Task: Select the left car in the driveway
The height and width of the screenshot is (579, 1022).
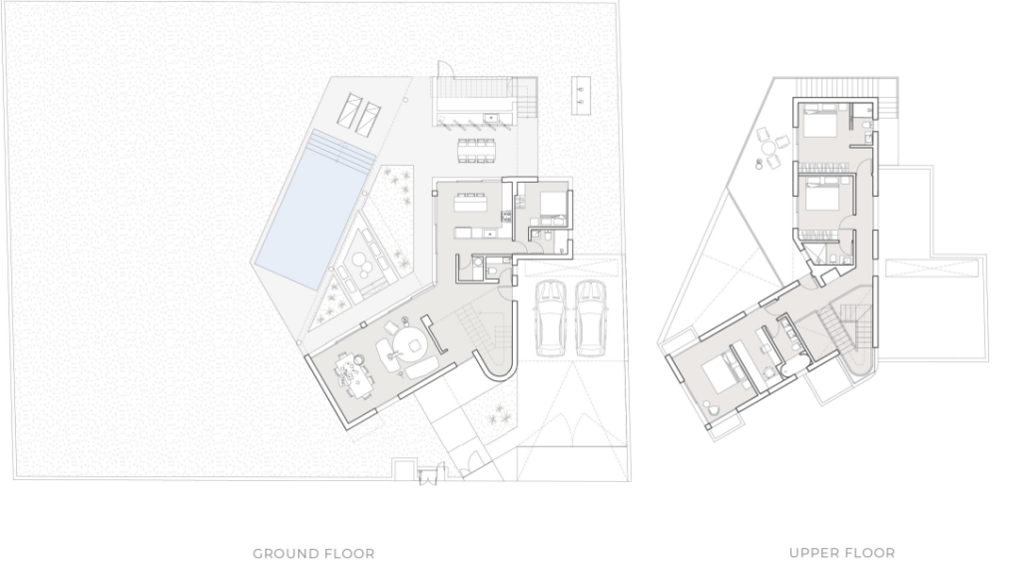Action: [551, 318]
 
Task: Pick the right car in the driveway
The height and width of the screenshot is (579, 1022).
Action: [591, 318]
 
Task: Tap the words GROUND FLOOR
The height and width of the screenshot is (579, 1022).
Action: [313, 554]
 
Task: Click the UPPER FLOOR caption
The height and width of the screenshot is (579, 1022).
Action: [842, 553]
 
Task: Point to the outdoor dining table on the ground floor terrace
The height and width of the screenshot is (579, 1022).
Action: [476, 150]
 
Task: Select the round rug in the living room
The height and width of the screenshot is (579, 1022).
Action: [410, 343]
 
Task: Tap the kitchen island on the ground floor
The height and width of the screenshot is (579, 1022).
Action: [471, 204]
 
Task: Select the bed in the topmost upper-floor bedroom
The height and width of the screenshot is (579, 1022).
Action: [819, 121]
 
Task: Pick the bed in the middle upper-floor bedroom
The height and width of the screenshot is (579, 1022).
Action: [822, 195]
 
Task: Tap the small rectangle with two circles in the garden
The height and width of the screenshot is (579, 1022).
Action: [581, 95]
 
